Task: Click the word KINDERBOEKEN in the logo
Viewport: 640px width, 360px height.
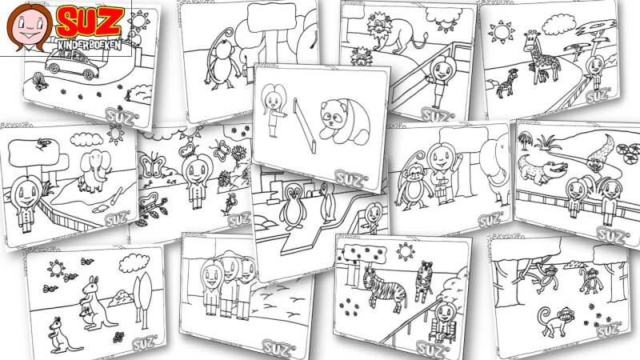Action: tap(90, 44)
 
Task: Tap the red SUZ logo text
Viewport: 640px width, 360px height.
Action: tap(90, 22)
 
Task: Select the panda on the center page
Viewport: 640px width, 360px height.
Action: tap(344, 122)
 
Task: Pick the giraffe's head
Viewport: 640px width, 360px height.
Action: tap(532, 38)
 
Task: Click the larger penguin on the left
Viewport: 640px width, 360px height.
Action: tap(293, 206)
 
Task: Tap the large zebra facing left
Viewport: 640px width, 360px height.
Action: tap(384, 289)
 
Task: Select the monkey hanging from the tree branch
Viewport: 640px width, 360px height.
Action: tap(543, 278)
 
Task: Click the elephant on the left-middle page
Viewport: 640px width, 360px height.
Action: tap(95, 170)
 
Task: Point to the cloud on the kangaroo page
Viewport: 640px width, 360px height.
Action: tap(134, 263)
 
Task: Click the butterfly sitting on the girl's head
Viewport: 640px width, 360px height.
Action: tap(189, 149)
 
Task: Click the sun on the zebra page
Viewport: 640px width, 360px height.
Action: tap(405, 251)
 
